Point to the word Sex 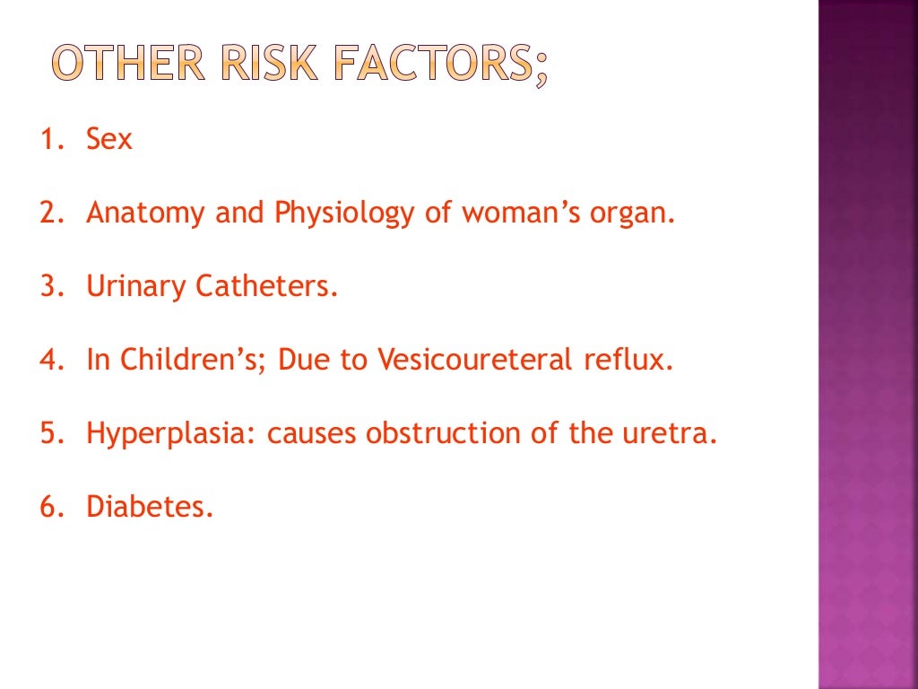[108, 140]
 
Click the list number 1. [47, 140]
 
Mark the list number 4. [48, 361]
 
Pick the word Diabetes [150, 508]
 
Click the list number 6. [48, 508]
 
